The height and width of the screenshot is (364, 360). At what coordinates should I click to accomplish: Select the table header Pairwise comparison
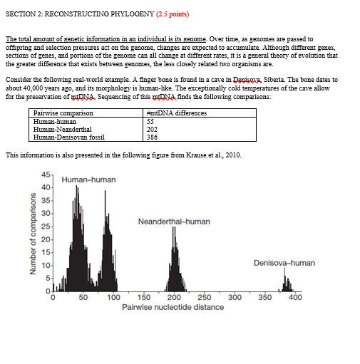[63, 113]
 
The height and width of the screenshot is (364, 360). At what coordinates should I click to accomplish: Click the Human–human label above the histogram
[88, 180]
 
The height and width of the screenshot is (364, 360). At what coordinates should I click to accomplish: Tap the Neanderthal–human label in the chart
[174, 222]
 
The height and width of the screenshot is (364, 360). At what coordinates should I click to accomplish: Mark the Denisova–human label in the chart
[284, 263]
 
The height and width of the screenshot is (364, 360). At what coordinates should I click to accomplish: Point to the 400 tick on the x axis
[295, 297]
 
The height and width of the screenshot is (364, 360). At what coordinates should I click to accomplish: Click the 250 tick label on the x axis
[203, 297]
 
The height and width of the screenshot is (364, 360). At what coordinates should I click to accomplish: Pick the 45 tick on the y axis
[45, 175]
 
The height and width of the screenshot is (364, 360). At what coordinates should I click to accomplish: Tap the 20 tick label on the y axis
[45, 239]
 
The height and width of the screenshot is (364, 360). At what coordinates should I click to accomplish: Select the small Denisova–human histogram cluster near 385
[287, 285]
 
